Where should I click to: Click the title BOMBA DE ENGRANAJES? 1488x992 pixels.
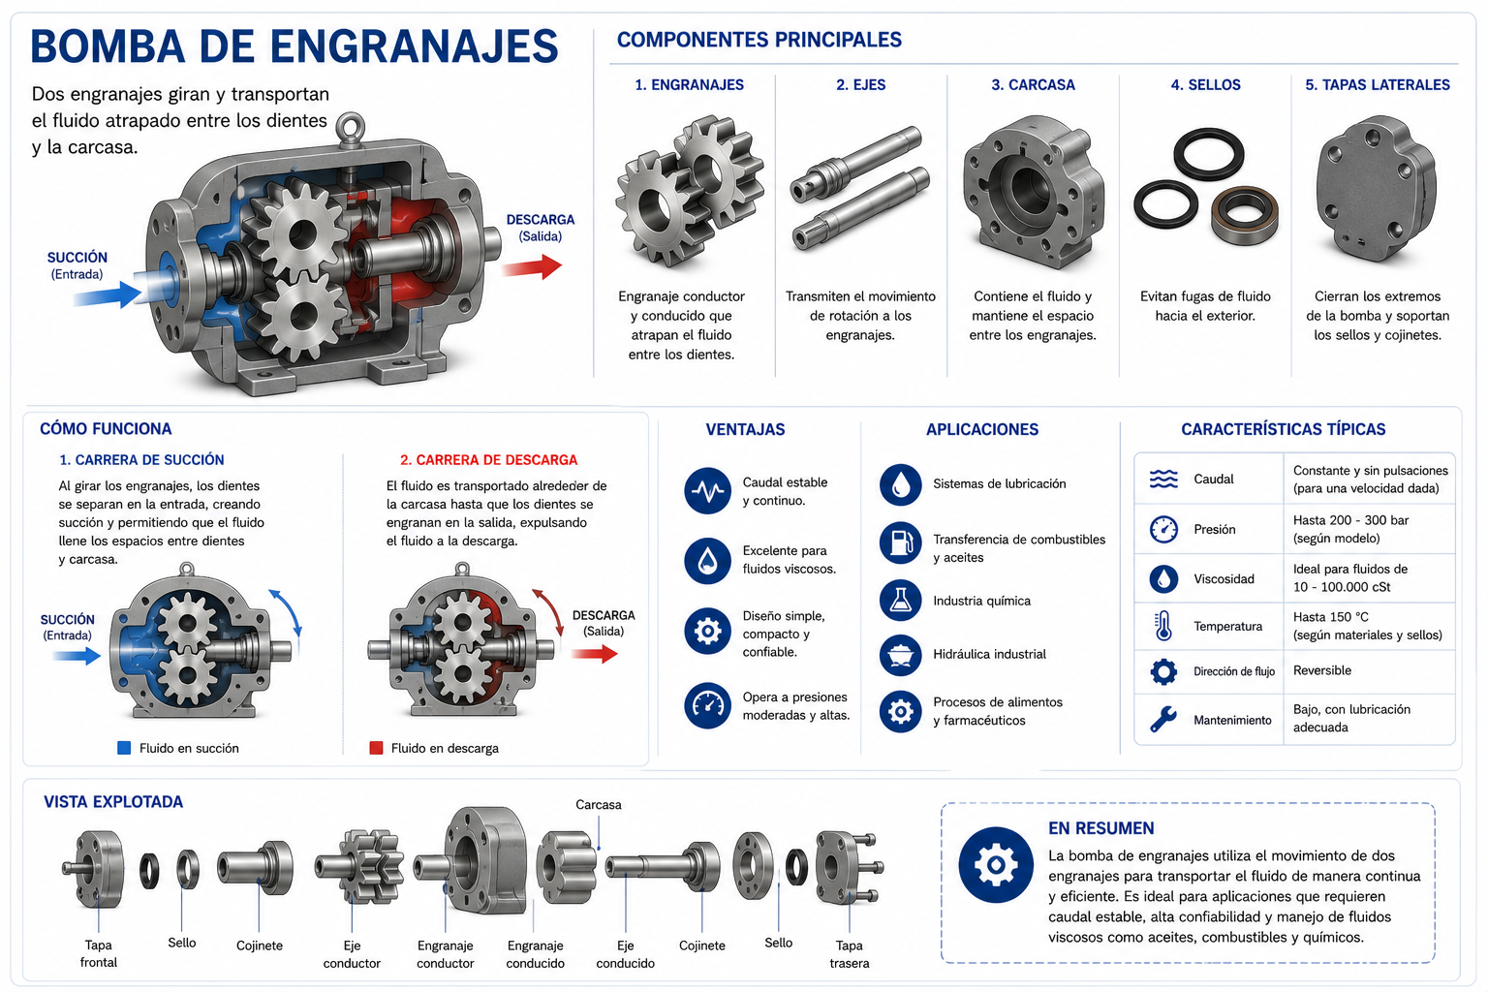click(x=294, y=46)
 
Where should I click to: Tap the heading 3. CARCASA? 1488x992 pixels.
click(x=1033, y=85)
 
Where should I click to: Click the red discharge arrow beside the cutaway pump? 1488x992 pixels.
click(x=532, y=267)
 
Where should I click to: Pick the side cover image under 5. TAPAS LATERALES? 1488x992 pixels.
click(x=1377, y=190)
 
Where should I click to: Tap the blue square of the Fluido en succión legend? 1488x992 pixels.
click(x=124, y=748)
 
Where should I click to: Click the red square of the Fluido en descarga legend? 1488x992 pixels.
click(x=376, y=748)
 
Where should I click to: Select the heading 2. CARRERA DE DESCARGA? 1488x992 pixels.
click(x=489, y=460)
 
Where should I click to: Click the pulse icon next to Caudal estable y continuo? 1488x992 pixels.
click(x=707, y=491)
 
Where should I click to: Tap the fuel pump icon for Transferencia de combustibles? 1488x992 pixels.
click(x=900, y=542)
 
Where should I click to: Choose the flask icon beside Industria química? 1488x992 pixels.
click(x=900, y=600)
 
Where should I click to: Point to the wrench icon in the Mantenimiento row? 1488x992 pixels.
click(x=1162, y=719)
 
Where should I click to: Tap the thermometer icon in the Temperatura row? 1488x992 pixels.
click(x=1163, y=626)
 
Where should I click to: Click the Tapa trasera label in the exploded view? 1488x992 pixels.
click(x=849, y=954)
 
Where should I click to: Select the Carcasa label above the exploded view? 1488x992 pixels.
click(x=599, y=805)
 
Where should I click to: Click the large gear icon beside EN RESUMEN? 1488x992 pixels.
click(x=996, y=864)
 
